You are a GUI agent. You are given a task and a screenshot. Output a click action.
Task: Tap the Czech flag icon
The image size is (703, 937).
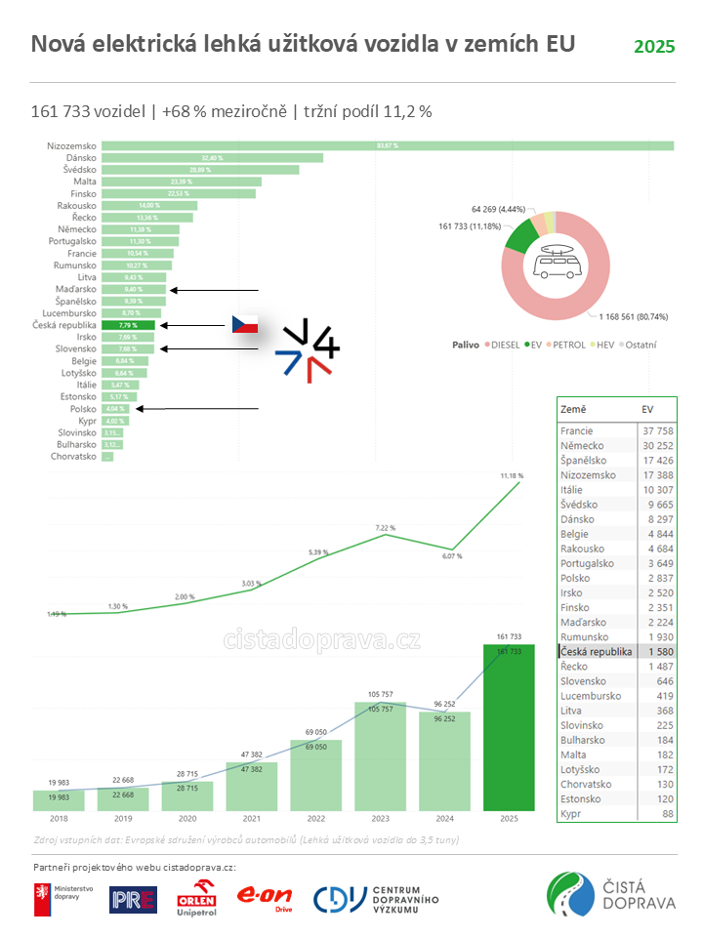pyautogui.click(x=244, y=325)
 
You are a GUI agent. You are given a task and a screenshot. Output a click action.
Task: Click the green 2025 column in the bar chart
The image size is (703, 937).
pyautogui.click(x=509, y=727)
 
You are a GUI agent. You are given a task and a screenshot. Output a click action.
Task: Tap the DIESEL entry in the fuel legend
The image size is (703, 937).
pyautogui.click(x=502, y=345)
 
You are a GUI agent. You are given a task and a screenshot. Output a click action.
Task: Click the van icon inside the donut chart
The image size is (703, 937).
pyautogui.click(x=556, y=262)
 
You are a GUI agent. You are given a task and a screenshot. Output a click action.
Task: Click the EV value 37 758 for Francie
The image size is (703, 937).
pyautogui.click(x=654, y=430)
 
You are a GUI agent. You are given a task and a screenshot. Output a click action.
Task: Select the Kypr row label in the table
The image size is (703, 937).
pyautogui.click(x=572, y=813)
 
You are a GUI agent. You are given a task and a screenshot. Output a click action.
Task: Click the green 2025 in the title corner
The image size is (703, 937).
pyautogui.click(x=654, y=47)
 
